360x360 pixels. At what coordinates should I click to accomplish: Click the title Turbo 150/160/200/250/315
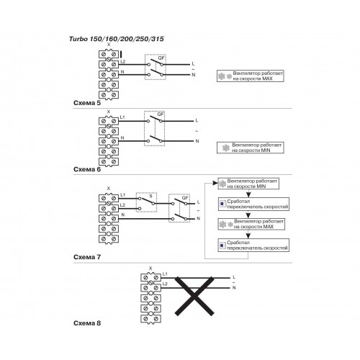point(117,39)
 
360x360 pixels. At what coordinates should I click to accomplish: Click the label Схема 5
point(87,103)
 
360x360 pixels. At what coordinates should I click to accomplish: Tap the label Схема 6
point(87,169)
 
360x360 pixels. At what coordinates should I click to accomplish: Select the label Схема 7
point(87,257)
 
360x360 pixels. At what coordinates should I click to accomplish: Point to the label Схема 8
point(87,323)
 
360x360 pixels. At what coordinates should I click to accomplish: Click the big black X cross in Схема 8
point(194,296)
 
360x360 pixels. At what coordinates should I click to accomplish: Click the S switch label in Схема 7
point(150,196)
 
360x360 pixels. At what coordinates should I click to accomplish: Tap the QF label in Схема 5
point(161,58)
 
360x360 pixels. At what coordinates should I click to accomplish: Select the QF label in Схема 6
point(161,114)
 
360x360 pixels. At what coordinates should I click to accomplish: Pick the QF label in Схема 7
point(185,198)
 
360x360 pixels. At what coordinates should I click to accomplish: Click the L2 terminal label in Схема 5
point(123,61)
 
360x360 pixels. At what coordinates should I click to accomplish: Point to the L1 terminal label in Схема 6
point(122,117)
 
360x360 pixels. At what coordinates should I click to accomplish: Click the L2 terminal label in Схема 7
point(122,205)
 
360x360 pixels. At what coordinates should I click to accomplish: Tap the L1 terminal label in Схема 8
point(165,274)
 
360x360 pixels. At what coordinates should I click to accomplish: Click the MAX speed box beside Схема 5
point(251,76)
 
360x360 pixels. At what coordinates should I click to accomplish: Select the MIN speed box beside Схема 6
point(251,148)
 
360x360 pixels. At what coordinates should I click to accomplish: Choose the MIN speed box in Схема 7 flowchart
point(248,184)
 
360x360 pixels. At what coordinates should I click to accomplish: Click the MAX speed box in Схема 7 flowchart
point(251,224)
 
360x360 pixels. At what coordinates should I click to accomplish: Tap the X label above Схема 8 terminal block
point(150,269)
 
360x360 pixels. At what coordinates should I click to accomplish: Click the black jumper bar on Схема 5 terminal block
point(121,55)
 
